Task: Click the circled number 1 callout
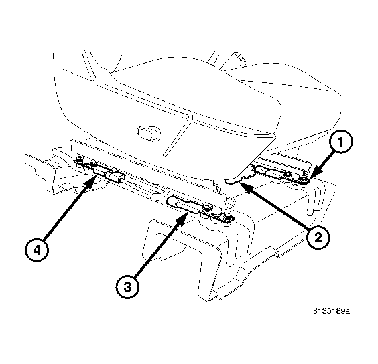[x=341, y=142]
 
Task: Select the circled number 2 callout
[x=318, y=238]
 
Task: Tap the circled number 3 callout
[x=127, y=287]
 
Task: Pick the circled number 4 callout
[x=37, y=250]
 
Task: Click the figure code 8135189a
[x=332, y=311]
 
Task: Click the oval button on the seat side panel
[x=149, y=132]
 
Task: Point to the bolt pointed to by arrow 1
[x=304, y=179]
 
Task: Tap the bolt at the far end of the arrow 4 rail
[x=78, y=160]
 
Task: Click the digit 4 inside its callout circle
[x=37, y=250]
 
